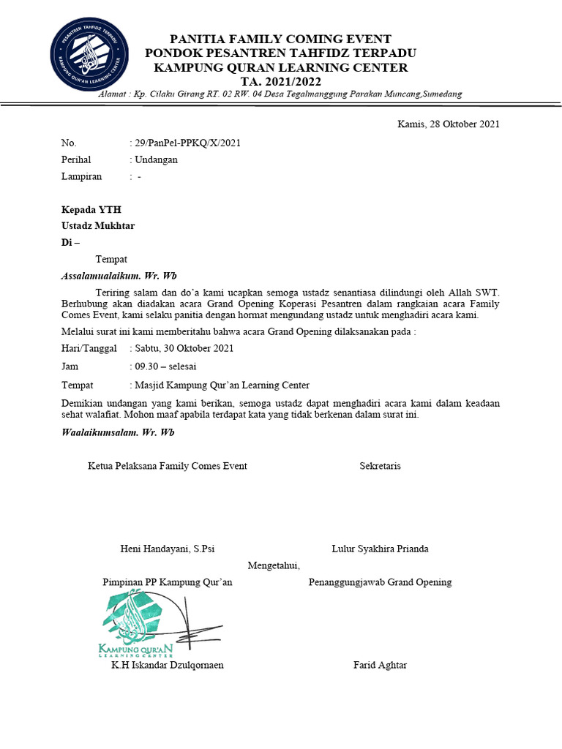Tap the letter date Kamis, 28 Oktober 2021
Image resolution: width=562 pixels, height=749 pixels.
pyautogui.click(x=448, y=124)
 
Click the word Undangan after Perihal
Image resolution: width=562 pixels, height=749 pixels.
pyautogui.click(x=155, y=159)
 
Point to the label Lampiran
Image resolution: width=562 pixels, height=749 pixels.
pyautogui.click(x=81, y=176)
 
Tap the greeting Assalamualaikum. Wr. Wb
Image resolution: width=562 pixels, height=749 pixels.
pyautogui.click(x=119, y=276)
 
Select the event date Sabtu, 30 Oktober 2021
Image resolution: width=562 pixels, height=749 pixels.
pyautogui.click(x=184, y=348)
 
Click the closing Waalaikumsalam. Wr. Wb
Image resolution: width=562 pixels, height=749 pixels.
pyautogui.click(x=117, y=432)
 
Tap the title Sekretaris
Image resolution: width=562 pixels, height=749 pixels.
pyautogui.click(x=380, y=466)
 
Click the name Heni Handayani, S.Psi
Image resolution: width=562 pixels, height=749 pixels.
pyautogui.click(x=167, y=549)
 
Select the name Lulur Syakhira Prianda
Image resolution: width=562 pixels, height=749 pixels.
pyautogui.click(x=380, y=549)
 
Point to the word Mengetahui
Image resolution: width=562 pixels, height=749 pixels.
pyautogui.click(x=274, y=565)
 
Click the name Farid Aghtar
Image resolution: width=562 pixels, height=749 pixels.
pyautogui.click(x=380, y=665)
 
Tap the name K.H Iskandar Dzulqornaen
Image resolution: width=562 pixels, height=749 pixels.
pyautogui.click(x=168, y=665)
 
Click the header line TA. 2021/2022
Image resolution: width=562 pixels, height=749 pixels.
pyautogui.click(x=280, y=80)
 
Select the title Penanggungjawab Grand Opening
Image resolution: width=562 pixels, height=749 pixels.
pyautogui.click(x=380, y=582)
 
